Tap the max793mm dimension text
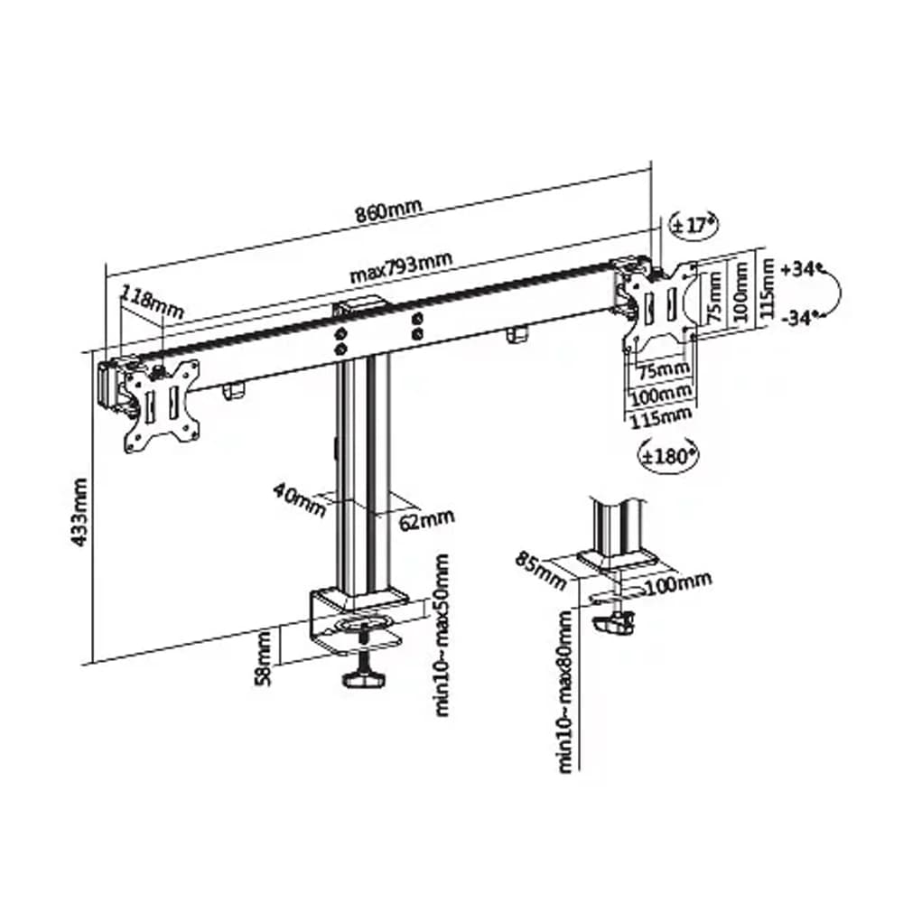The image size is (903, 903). pyautogui.click(x=402, y=267)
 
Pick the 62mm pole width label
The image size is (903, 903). pyautogui.click(x=426, y=521)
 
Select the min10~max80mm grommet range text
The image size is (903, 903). pyautogui.click(x=566, y=691)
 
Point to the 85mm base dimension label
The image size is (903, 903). pyautogui.click(x=540, y=570)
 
